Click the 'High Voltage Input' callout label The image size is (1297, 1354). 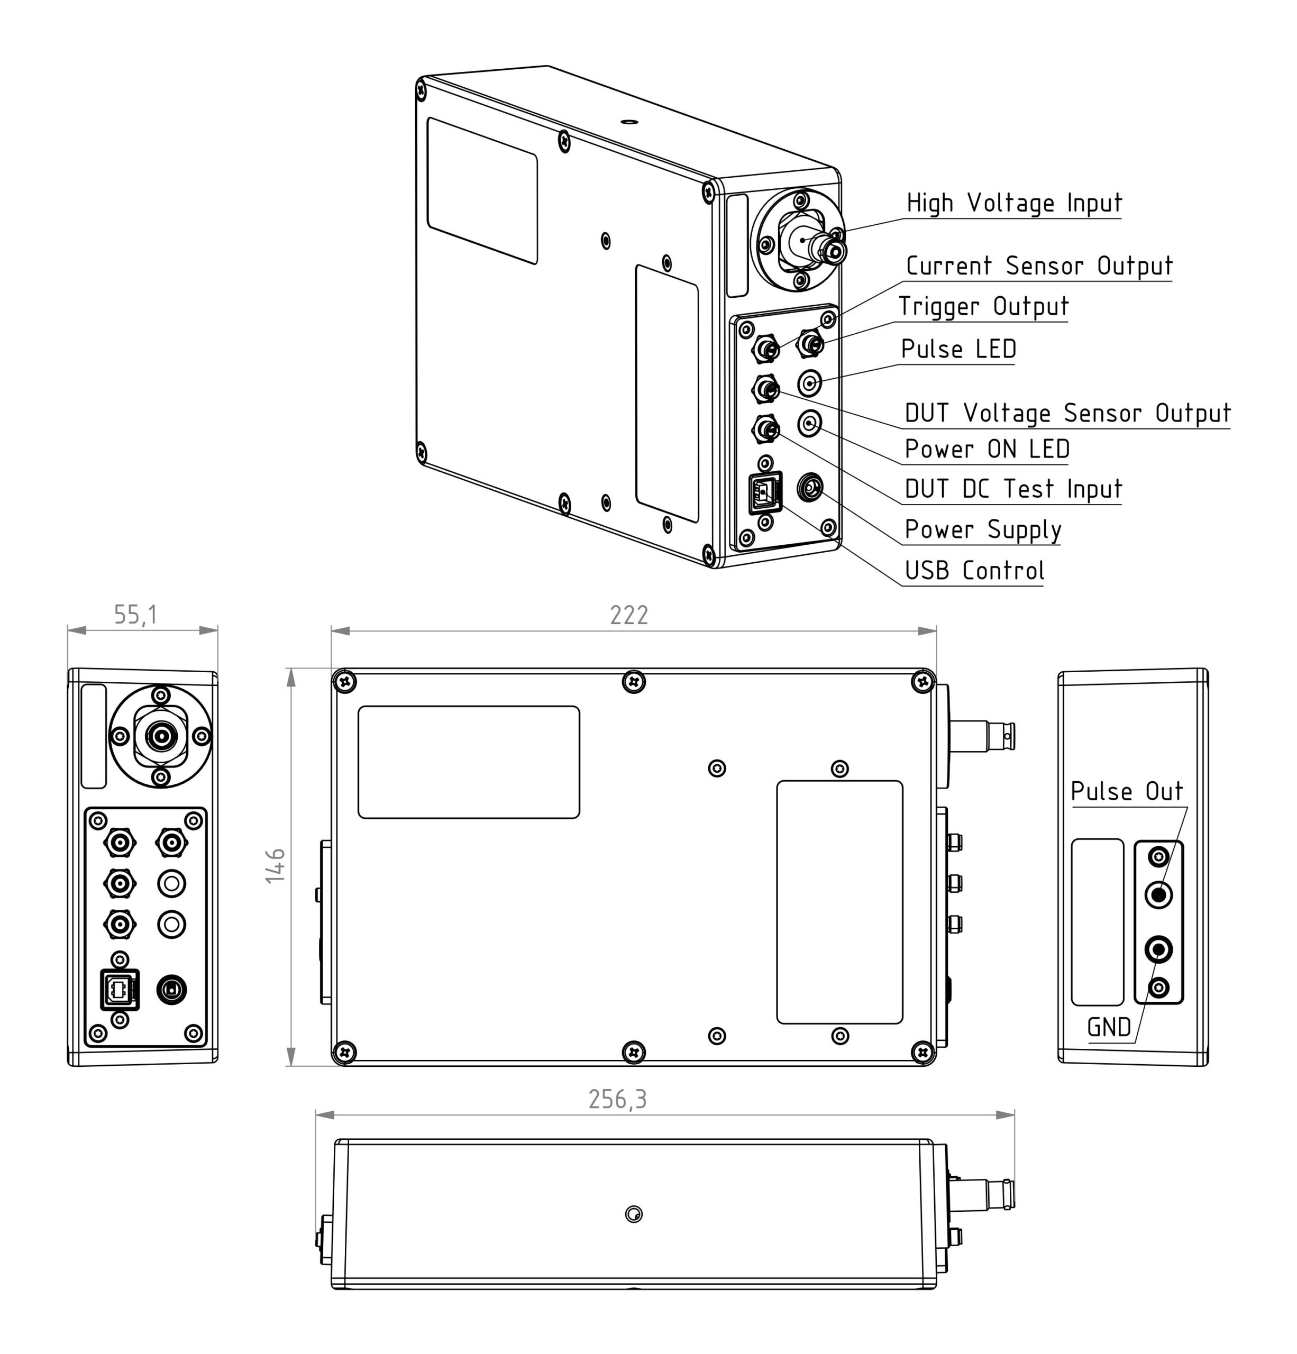pos(1013,203)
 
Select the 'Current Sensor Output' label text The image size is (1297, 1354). pos(1038,266)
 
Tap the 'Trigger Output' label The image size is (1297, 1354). pos(983,307)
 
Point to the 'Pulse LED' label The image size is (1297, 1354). pos(958,350)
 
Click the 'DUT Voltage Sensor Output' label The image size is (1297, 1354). pos(1067,413)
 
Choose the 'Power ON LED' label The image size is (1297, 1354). pos(987,450)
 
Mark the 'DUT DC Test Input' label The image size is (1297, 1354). pos(1013,489)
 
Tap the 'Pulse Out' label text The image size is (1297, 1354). pos(1126,792)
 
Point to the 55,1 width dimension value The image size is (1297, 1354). pos(135,615)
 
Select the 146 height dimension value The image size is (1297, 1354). pos(276,866)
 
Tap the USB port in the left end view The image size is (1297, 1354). pos(120,990)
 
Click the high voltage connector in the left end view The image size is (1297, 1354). pos(160,736)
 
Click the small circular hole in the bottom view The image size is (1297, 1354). pos(633,1214)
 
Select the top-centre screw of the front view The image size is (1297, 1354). pos(633,682)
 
